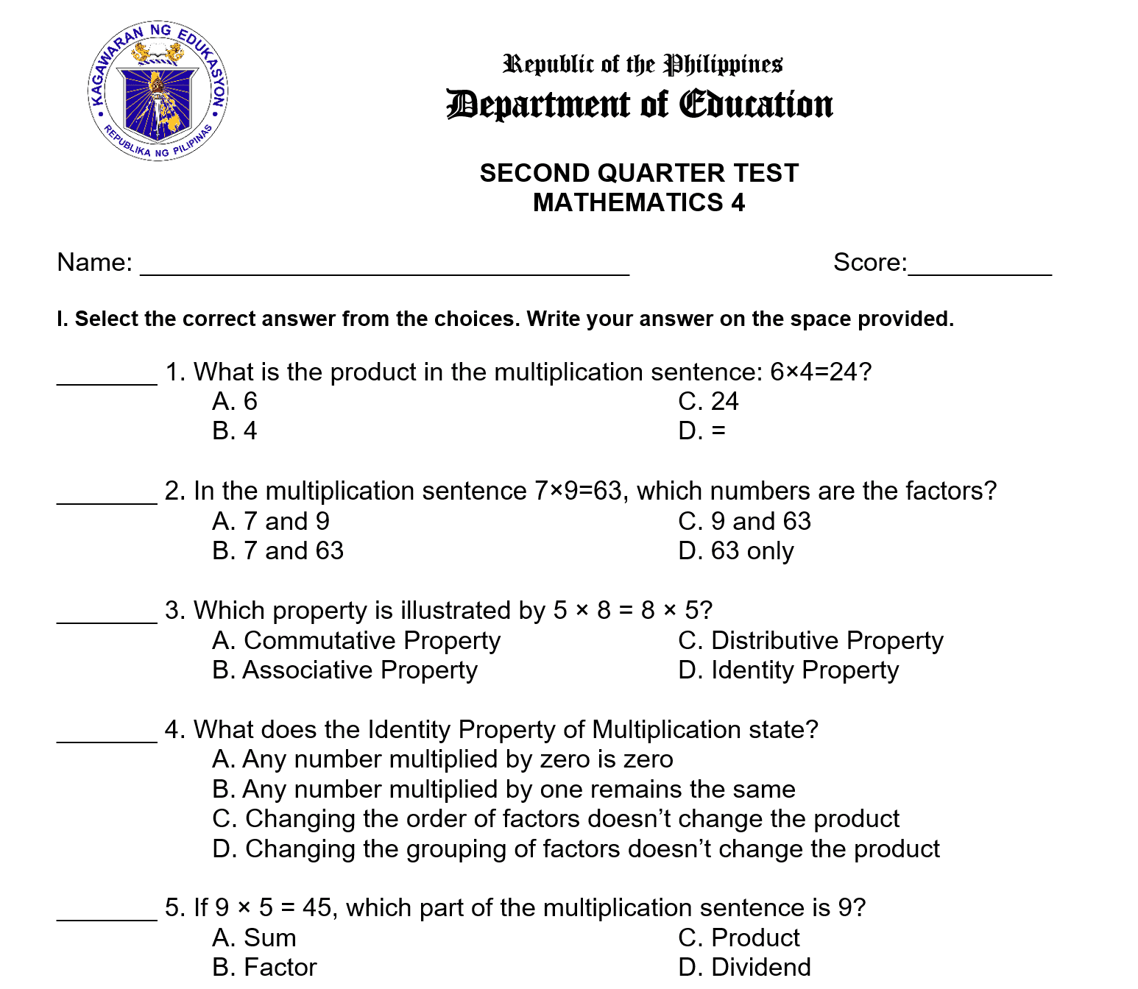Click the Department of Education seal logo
click(x=158, y=91)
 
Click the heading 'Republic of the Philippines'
click(x=642, y=65)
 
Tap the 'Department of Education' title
click(x=639, y=104)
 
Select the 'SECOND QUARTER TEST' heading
click(x=639, y=173)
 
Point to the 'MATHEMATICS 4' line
click(x=639, y=202)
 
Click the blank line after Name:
click(x=384, y=266)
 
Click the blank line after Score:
click(x=980, y=266)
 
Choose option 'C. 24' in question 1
click(x=708, y=401)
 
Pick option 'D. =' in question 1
click(x=701, y=430)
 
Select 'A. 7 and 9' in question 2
click(x=270, y=521)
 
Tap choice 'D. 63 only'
click(x=736, y=550)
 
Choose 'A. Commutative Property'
click(x=356, y=640)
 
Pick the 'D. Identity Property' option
click(x=788, y=670)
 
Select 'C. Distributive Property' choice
click(x=810, y=640)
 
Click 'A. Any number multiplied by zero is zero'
click(x=442, y=759)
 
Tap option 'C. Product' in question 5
click(x=738, y=937)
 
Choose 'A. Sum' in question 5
click(x=254, y=937)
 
